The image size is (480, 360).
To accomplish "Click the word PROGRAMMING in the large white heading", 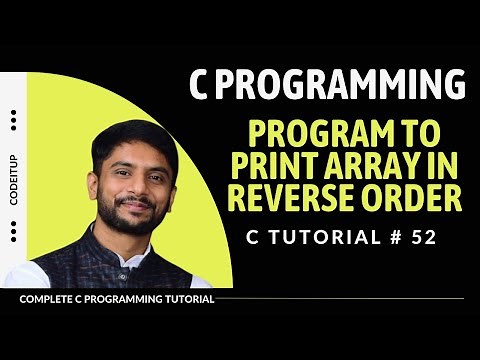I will tap(342, 85).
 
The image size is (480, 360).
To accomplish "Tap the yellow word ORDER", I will tap(411, 197).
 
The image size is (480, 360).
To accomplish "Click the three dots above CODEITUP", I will tap(13, 120).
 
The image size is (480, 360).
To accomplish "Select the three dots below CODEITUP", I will tap(13, 234).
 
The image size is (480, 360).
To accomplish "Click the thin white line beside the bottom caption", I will tap(340, 299).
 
